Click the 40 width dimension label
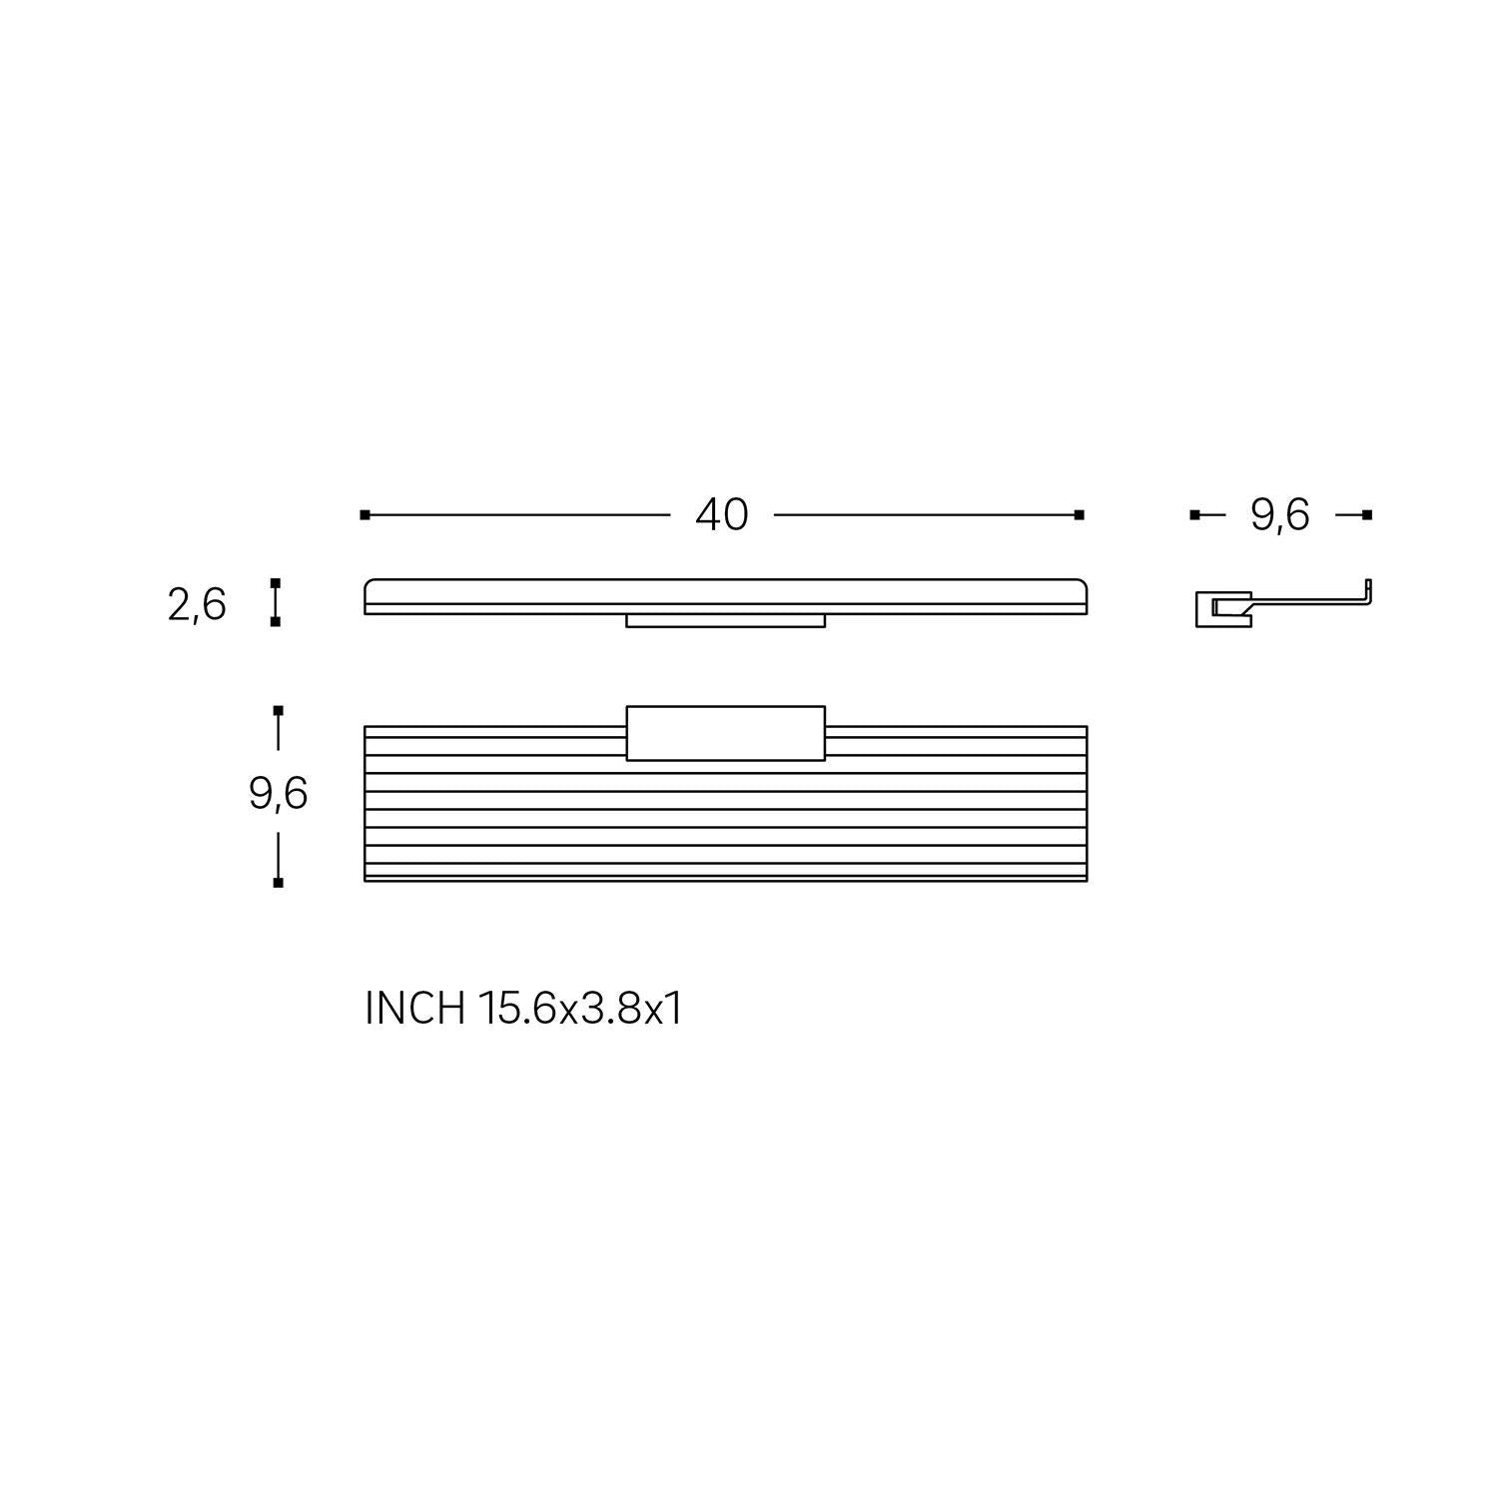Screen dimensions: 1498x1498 [722, 515]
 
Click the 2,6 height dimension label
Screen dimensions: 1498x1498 [197, 605]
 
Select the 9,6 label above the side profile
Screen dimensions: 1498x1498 [1279, 515]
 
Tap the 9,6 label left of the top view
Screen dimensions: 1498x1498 [278, 794]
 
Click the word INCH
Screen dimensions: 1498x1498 [415, 1009]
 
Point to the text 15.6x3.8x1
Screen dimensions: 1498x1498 [580, 1009]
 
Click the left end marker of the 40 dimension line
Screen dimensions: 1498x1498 [366, 515]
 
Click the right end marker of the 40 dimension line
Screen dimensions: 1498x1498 [1080, 515]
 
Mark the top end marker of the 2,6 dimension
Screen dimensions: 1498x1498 [276, 582]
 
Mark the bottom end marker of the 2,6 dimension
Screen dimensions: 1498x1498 [276, 621]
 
